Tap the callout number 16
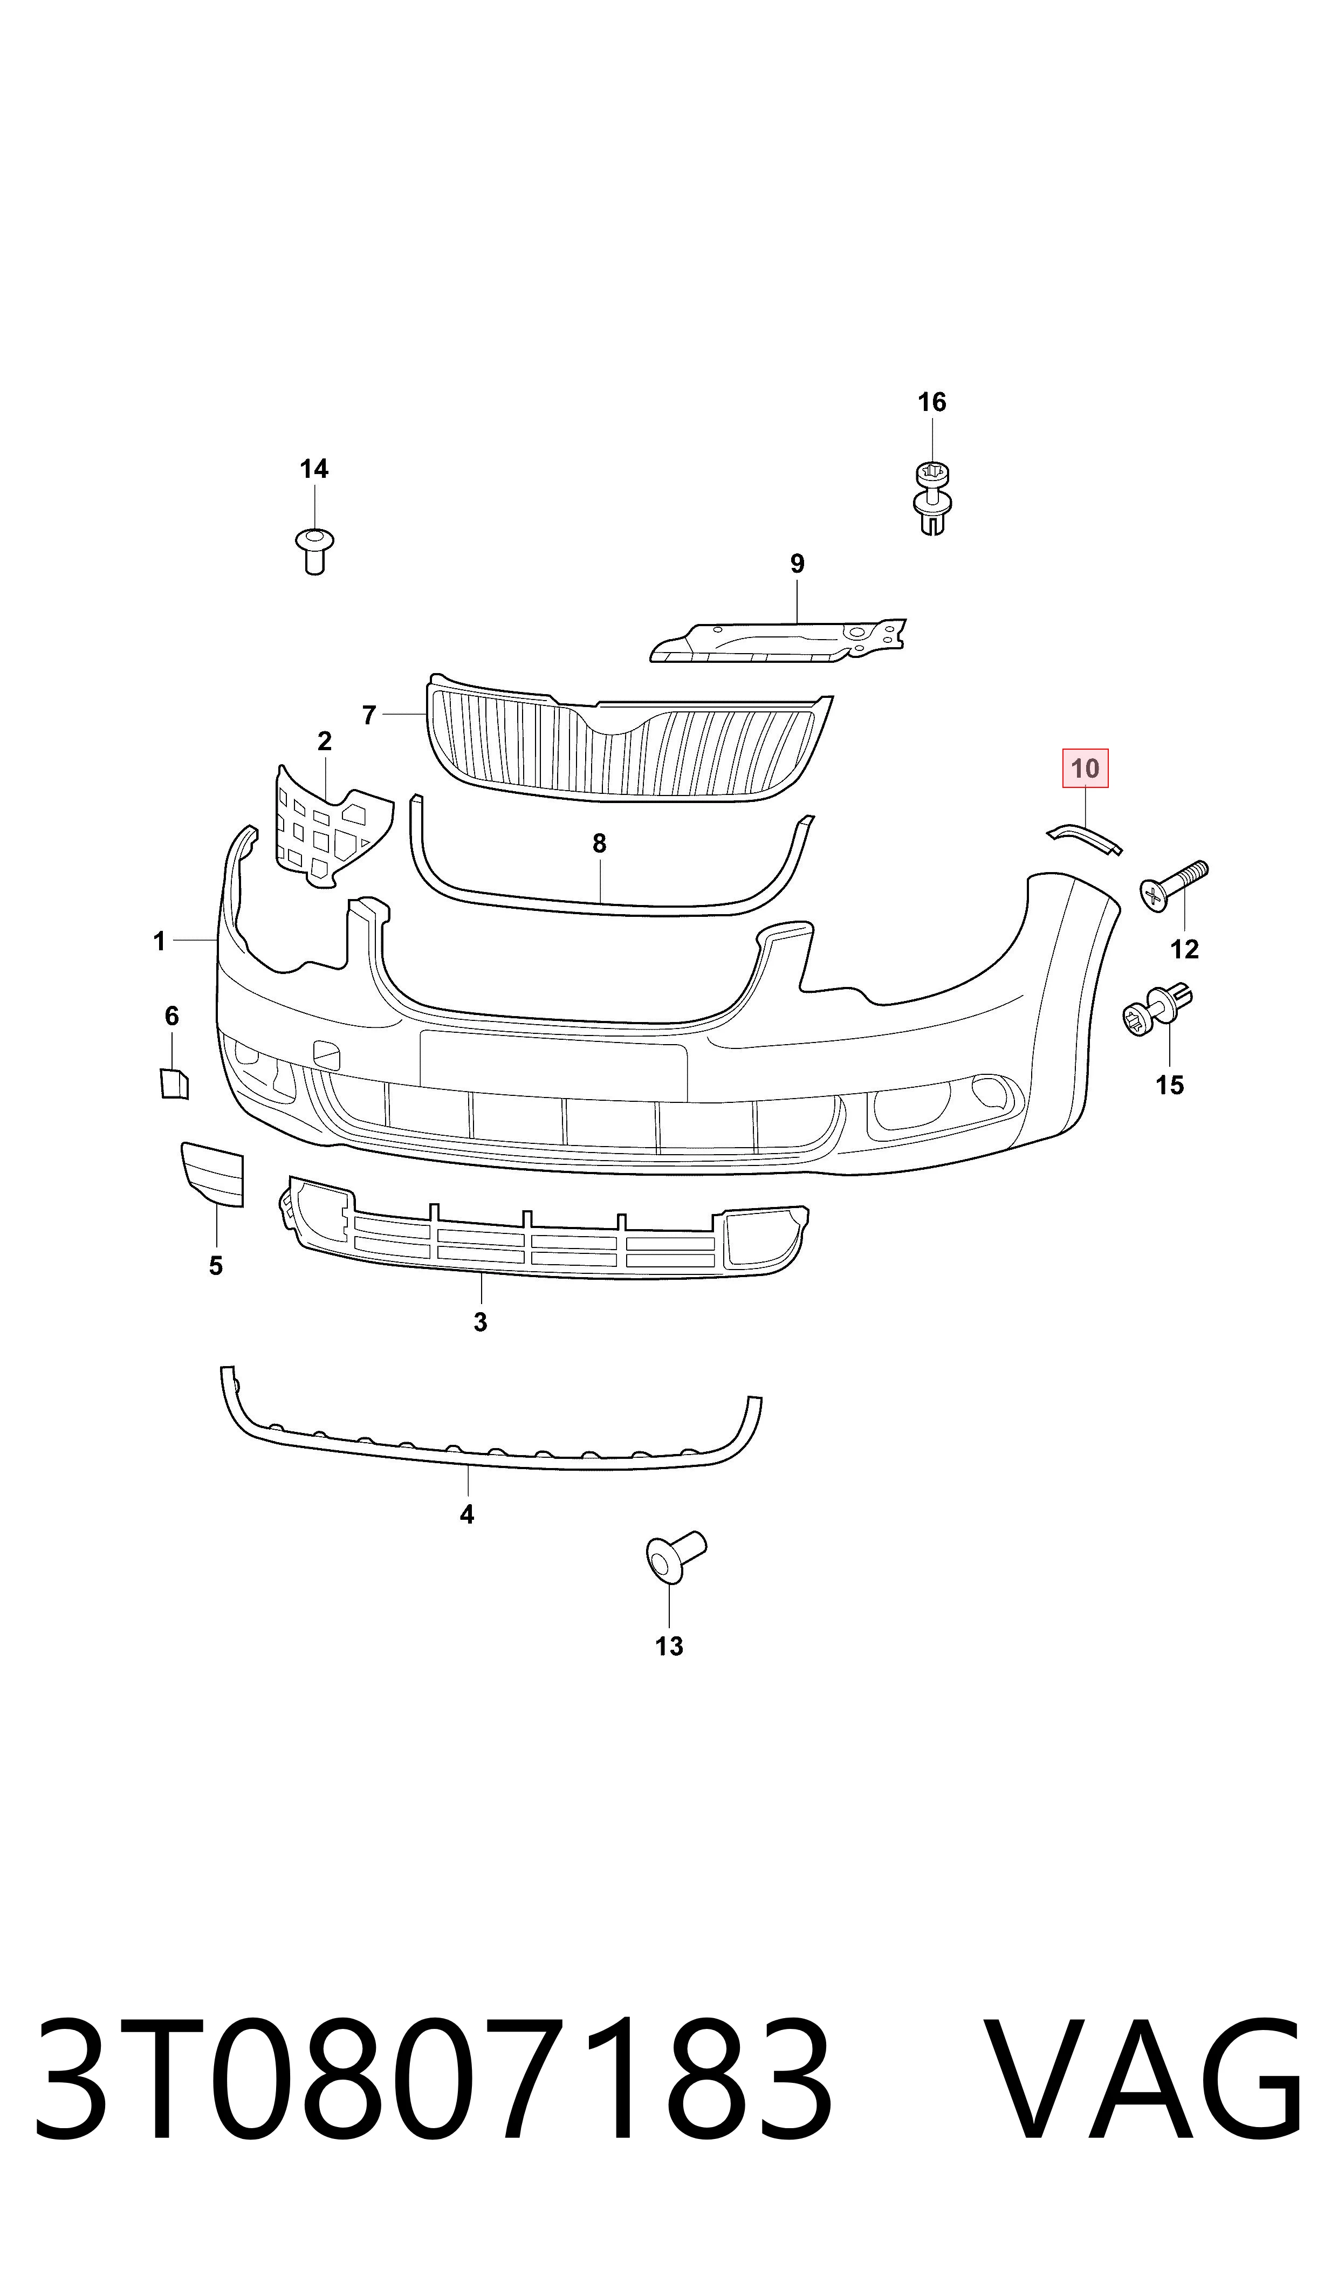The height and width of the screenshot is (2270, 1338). [932, 402]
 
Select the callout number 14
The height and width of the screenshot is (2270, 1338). [314, 469]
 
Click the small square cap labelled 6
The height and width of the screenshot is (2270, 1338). [173, 1083]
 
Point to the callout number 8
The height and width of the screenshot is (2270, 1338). [600, 844]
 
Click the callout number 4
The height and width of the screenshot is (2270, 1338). [467, 1514]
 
